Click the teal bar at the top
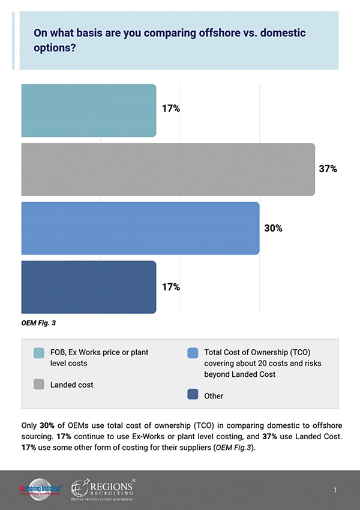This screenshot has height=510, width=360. tap(88, 110)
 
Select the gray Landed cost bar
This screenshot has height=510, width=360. tap(167, 169)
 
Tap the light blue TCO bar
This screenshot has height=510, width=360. tap(140, 228)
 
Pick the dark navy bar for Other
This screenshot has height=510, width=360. tap(88, 287)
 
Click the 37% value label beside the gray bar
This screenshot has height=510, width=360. tap(327, 169)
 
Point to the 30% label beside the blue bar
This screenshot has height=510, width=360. tap(272, 228)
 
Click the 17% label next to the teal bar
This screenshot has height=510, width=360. tap(171, 109)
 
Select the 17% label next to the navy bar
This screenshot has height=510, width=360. tap(171, 287)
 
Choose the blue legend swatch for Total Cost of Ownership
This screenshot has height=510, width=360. tap(192, 353)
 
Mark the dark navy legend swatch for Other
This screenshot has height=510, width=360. tap(192, 395)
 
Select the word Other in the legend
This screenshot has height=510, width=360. tap(214, 396)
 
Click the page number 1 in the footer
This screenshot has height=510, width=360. tap(335, 491)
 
